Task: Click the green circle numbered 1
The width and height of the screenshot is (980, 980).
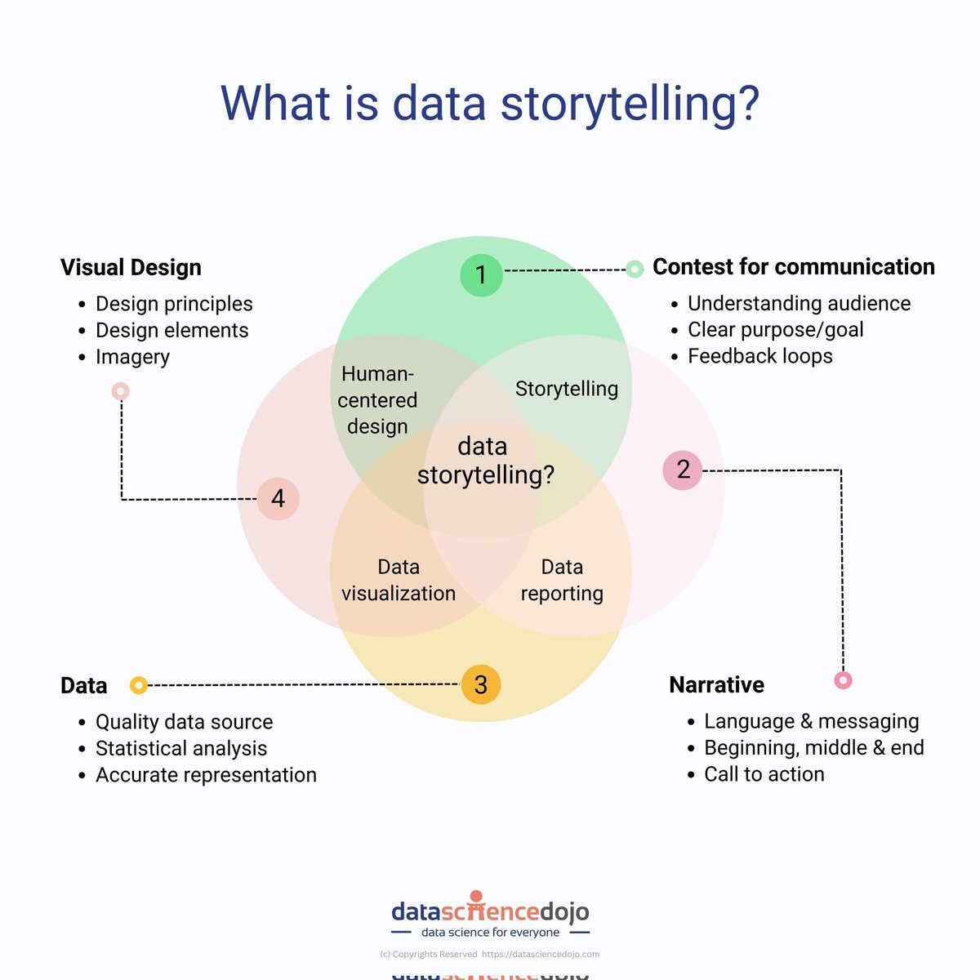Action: click(x=481, y=275)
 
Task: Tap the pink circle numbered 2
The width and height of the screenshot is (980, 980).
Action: click(x=683, y=470)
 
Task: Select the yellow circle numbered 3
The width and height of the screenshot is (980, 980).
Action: click(x=481, y=684)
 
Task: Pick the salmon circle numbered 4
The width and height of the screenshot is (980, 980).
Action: click(x=278, y=498)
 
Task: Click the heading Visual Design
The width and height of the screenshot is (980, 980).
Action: click(x=131, y=267)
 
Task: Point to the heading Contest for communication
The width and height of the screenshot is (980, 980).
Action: click(x=793, y=267)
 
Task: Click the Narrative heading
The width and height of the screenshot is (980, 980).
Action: click(x=716, y=684)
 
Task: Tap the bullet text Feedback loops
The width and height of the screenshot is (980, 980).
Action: click(x=759, y=356)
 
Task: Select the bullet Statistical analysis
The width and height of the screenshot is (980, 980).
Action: click(x=181, y=748)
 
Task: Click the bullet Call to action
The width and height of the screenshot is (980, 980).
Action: click(x=764, y=774)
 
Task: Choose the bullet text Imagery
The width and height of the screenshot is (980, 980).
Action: click(x=132, y=357)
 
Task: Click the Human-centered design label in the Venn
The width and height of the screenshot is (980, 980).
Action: click(x=377, y=399)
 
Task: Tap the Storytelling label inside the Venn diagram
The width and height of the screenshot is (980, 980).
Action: click(x=566, y=389)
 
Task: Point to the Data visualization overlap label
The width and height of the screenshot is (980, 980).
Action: click(x=399, y=580)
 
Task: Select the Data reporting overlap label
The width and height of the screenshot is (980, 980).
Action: click(x=562, y=580)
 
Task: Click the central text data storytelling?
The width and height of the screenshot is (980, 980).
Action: click(x=485, y=461)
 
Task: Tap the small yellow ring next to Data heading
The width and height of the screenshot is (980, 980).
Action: click(x=139, y=685)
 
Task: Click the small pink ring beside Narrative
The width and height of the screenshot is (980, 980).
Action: click(x=843, y=679)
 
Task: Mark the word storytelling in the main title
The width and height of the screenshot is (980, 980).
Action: click(x=629, y=105)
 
